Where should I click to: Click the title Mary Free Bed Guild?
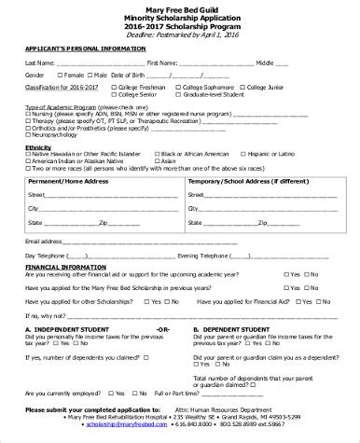click(x=179, y=7)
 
